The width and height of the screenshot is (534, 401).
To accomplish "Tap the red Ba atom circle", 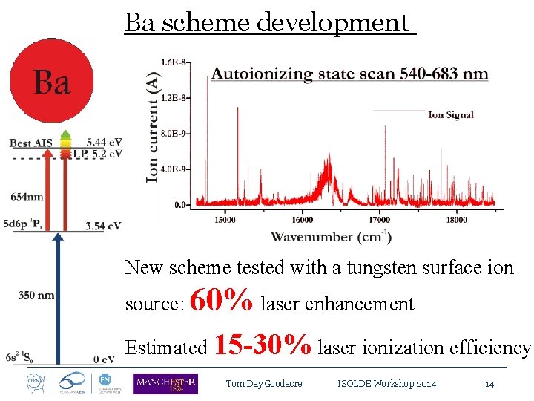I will pos(51,80).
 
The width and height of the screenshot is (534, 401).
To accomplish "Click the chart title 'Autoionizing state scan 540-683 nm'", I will pos(349,73).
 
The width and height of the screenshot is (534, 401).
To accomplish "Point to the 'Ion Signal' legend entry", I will pos(450,114).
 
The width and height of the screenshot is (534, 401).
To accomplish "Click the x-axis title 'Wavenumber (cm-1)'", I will pos(331,236).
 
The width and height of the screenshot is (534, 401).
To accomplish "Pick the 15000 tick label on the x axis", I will pos(225,219).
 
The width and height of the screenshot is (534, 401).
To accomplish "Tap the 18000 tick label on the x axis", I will pos(456,219).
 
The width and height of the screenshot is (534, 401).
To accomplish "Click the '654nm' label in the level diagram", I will pos(27,197).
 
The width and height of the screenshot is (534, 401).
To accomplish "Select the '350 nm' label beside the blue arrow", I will pos(36,295).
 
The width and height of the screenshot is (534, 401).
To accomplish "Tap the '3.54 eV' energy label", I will pos(103,226).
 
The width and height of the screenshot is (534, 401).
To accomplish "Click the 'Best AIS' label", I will pos(30,142).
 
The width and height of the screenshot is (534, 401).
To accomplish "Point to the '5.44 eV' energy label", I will pos(104,142).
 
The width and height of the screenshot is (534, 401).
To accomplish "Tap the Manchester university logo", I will pos(165,383).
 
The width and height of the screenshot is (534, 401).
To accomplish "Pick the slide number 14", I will pos(489,384).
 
